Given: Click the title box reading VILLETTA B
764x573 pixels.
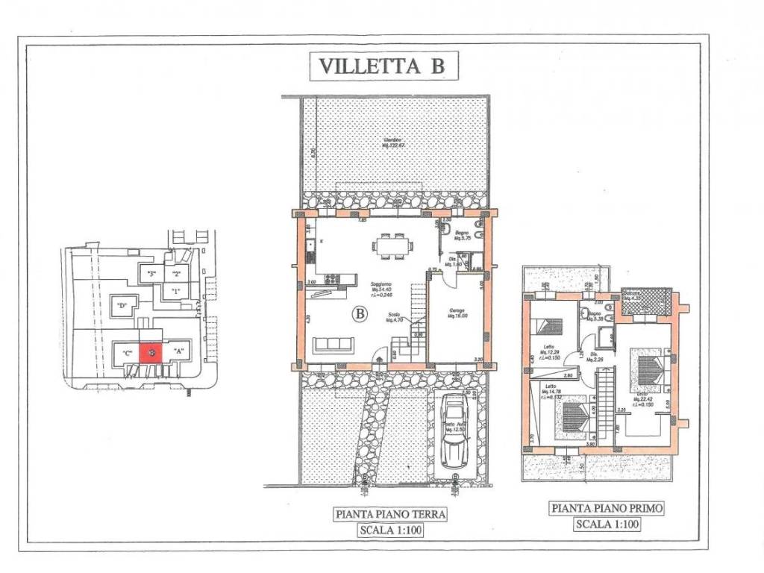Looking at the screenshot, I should coord(382,66).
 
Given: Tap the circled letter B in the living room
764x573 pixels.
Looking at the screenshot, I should coord(360,315).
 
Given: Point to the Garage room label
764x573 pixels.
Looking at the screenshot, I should coord(457,313).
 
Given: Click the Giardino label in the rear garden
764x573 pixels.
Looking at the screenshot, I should coord(393,142).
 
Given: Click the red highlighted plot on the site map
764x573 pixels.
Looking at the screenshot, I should coord(151,352).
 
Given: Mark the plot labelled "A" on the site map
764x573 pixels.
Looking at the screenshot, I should coord(179,351).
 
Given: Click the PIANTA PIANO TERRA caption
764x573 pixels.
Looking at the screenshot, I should coord(390,513).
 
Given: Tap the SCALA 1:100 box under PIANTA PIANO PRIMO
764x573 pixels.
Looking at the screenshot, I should coord(607,524).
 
